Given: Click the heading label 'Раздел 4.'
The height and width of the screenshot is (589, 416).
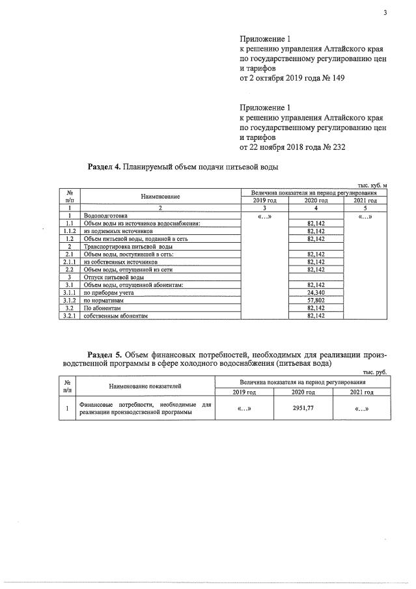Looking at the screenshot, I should click(x=105, y=167).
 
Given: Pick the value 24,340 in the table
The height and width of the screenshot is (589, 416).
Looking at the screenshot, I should click(x=315, y=294).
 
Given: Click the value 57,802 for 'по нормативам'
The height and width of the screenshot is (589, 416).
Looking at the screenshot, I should click(x=315, y=301).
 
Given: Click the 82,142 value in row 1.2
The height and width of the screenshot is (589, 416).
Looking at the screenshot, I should click(x=315, y=239).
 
